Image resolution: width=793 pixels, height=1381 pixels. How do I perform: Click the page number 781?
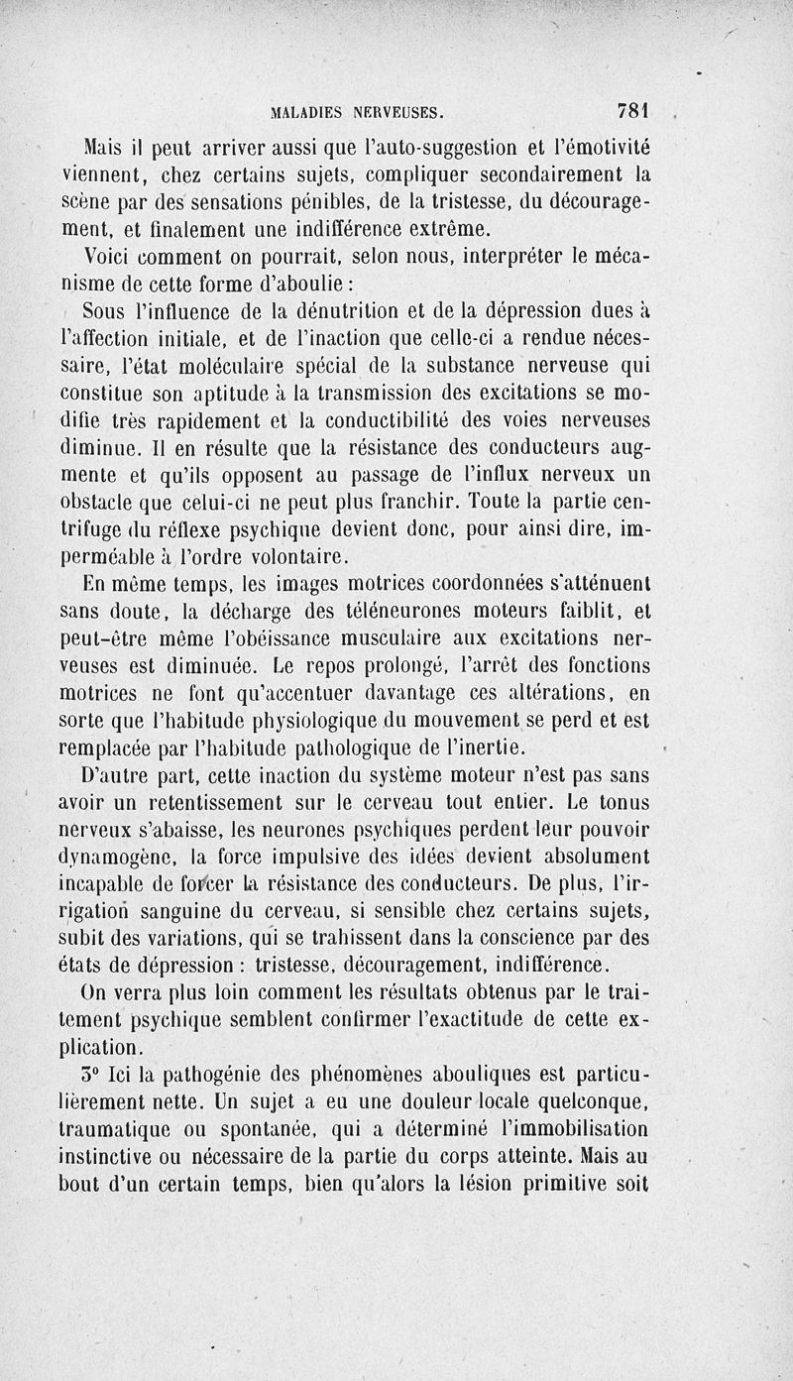pyautogui.click(x=632, y=110)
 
